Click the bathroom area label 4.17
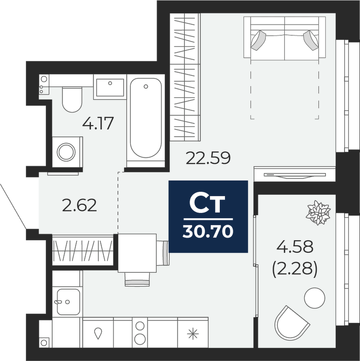click(98, 123)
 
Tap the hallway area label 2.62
click(80, 205)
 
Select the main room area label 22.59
click(208, 158)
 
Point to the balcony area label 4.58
click(295, 246)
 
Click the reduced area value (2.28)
click(295, 269)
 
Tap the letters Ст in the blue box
click(207, 204)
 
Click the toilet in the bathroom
click(72, 100)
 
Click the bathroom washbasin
click(110, 87)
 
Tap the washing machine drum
click(66, 152)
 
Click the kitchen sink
click(68, 302)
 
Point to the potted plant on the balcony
click(318, 213)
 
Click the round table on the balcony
click(315, 298)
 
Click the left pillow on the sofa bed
click(258, 40)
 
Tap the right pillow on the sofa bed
click(311, 40)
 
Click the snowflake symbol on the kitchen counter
click(193, 334)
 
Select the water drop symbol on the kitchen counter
click(98, 333)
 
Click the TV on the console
click(295, 175)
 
